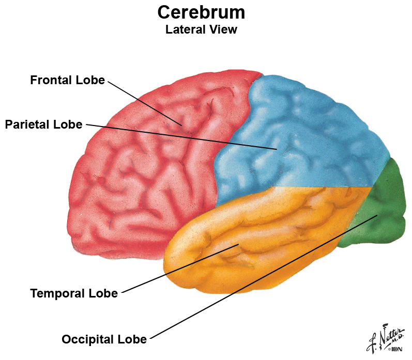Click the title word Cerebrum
pyautogui.click(x=201, y=12)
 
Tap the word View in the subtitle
pyautogui.click(x=223, y=29)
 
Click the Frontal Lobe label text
pyautogui.click(x=68, y=80)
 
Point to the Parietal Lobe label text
pyautogui.click(x=43, y=124)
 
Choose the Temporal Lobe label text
pyautogui.click(x=74, y=293)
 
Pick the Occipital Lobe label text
pyautogui.click(x=104, y=339)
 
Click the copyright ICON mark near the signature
pyautogui.click(x=395, y=349)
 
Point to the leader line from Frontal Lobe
pyautogui.click(x=145, y=103)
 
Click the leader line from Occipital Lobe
pyautogui.click(x=264, y=277)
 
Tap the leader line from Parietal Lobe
pyautogui.click(x=181, y=136)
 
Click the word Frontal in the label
pyautogui.click(x=51, y=80)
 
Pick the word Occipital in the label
pyautogui.click(x=88, y=339)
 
